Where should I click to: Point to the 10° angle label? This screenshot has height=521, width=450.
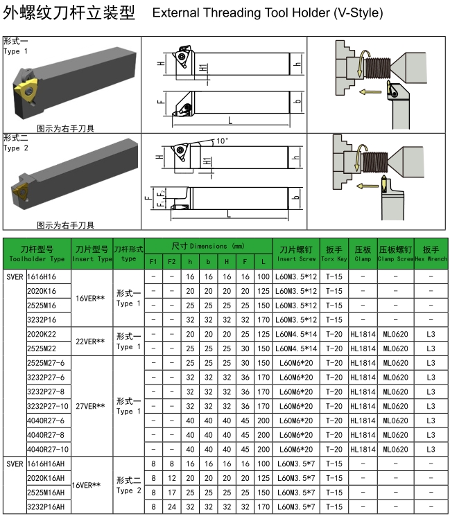click(221, 141)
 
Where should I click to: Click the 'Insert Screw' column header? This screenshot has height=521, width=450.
click(296, 253)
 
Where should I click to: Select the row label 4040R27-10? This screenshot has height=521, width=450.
click(47, 449)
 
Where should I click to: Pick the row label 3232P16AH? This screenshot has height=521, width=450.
click(45, 506)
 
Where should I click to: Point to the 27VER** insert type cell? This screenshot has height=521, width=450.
click(90, 406)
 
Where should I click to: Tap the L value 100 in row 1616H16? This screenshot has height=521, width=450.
click(263, 276)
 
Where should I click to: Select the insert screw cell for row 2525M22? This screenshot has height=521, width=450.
click(296, 348)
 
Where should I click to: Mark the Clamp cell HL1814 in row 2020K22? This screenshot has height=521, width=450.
click(363, 334)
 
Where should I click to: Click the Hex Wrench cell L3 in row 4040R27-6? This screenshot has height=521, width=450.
click(431, 421)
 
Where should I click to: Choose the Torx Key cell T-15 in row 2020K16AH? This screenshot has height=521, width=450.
click(334, 478)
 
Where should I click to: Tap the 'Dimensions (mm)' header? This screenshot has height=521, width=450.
click(208, 246)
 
